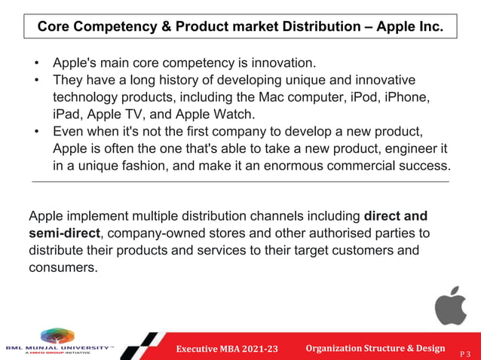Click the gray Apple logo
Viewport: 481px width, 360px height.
[450, 305]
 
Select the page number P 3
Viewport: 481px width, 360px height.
[469, 350]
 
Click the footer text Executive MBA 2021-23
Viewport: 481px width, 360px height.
[226, 348]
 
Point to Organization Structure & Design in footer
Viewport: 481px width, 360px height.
[375, 347]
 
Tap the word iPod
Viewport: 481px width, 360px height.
[358, 97]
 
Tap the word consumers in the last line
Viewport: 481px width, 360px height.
[63, 266]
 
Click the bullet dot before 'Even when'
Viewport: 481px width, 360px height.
[37, 132]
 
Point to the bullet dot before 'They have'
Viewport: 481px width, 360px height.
[37, 80]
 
